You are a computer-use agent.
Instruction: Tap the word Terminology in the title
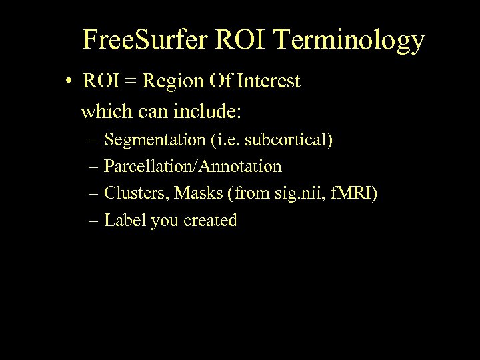(x=349, y=41)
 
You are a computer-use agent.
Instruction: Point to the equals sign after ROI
(x=129, y=82)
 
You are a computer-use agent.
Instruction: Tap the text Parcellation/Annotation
(x=193, y=167)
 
